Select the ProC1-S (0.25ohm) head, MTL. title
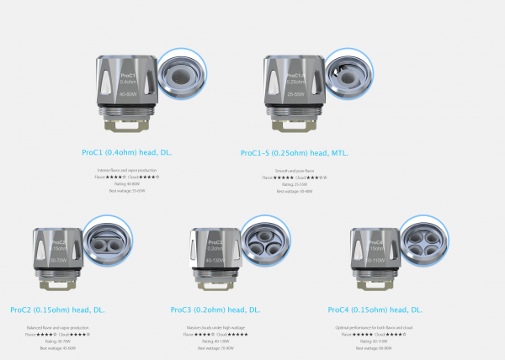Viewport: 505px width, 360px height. coord(294,153)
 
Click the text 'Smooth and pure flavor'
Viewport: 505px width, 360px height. coord(294,171)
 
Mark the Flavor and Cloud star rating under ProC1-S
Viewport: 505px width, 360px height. coord(294,177)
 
